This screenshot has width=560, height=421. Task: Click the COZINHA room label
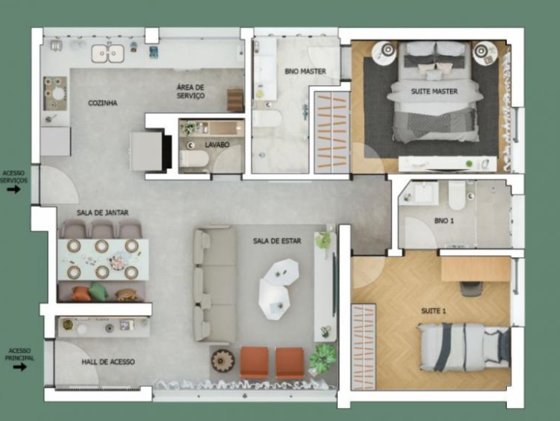pos(102,103)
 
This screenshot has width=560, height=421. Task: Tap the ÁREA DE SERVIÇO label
pos(191,91)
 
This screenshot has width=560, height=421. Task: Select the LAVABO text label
pos(217,145)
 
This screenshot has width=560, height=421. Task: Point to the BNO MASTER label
pos(305,71)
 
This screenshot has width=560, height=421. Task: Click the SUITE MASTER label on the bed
pos(434,91)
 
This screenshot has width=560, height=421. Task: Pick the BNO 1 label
pos(444,220)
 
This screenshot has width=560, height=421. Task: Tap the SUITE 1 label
pos(434,311)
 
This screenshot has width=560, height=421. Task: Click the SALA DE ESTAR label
pos(277,241)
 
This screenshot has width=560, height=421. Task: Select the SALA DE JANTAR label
pos(102,213)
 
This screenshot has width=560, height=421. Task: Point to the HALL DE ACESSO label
pos(108,362)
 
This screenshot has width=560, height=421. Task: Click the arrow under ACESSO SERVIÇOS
pos(14,189)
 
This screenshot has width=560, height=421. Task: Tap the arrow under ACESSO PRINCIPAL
pos(20,367)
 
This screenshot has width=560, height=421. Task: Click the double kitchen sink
pos(108,54)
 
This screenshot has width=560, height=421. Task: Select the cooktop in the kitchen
pos(55,93)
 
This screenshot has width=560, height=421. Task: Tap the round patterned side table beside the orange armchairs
pos(222,360)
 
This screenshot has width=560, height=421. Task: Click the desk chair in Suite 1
pos(471,289)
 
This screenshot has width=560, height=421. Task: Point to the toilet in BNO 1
pos(457,196)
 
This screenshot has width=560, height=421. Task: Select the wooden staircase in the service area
pos(236,100)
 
